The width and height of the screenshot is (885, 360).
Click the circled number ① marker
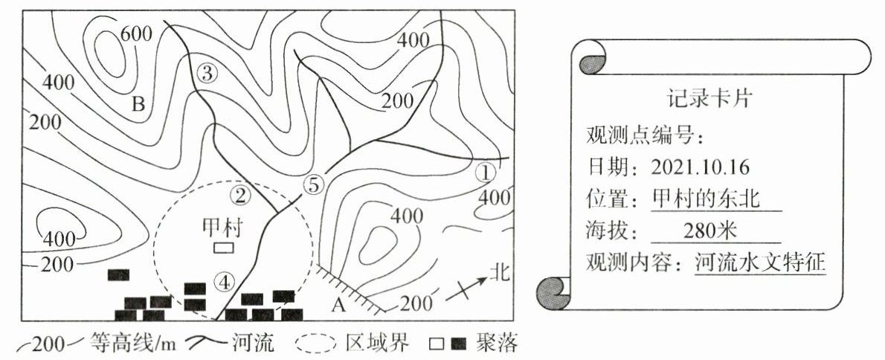pos(485,173)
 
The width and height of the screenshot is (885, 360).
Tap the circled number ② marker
pos(240,196)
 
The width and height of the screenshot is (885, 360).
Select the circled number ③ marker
pos(207,73)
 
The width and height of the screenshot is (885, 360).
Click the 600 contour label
pos(135,33)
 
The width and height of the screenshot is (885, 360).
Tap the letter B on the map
pos(138,103)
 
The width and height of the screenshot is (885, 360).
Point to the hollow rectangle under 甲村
pos(224,247)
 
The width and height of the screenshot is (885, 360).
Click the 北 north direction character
pos(498,273)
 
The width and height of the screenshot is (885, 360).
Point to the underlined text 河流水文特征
pos(760,263)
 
